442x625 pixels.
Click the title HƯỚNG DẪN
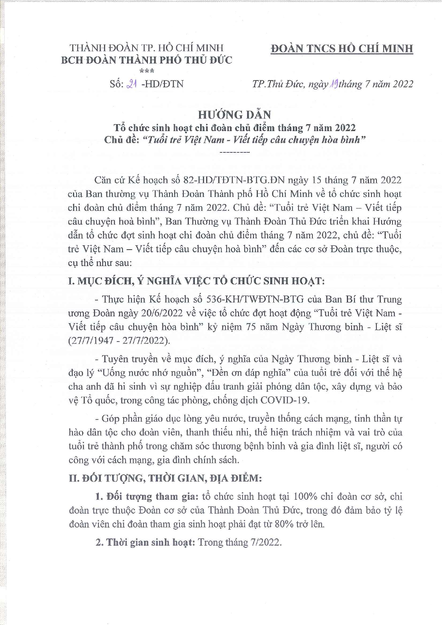[x=234, y=115]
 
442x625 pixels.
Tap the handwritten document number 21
[x=132, y=84]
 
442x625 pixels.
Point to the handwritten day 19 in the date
[x=334, y=84]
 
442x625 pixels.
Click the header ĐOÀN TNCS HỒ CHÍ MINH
[x=342, y=48]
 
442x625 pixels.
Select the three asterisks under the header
[x=147, y=72]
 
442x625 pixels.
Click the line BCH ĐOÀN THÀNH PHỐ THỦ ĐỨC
[x=146, y=60]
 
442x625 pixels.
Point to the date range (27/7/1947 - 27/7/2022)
[x=119, y=340]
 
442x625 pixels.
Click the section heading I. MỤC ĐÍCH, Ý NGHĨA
[x=196, y=281]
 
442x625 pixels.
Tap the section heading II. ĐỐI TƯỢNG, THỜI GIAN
[x=165, y=478]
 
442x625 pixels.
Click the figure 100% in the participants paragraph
[x=305, y=496]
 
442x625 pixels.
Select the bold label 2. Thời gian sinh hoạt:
[x=145, y=542]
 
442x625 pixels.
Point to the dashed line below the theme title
[x=235, y=152]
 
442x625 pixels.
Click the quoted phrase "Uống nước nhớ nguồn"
[x=150, y=373]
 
